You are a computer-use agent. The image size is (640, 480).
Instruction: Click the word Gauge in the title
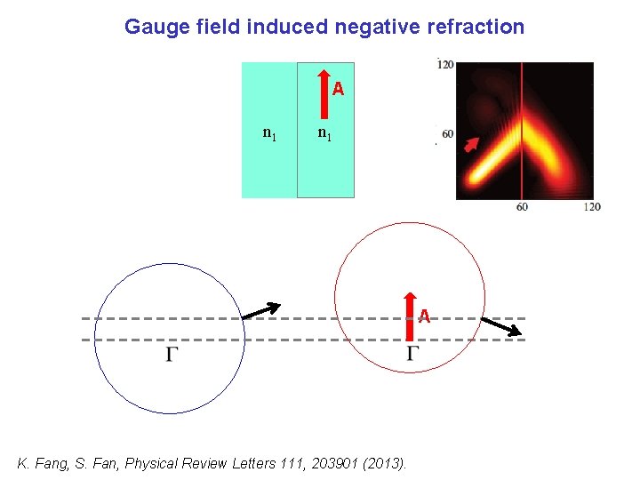click(151, 27)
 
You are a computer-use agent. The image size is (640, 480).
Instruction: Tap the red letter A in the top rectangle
click(338, 89)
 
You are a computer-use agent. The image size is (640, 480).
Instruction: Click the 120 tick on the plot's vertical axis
click(445, 64)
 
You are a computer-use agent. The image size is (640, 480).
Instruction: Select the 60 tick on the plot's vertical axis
click(447, 134)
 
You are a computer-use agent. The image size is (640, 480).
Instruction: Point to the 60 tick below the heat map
click(522, 206)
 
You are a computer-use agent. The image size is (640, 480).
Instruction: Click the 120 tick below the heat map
click(591, 206)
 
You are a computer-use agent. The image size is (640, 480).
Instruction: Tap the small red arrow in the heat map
click(471, 146)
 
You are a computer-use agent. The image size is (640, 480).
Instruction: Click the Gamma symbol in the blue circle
click(172, 355)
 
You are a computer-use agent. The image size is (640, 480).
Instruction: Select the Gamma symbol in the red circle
click(413, 355)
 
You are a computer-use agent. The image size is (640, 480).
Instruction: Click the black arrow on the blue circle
click(260, 310)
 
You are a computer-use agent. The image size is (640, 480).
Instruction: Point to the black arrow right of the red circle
click(500, 326)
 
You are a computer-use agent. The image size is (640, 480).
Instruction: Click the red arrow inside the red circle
click(409, 316)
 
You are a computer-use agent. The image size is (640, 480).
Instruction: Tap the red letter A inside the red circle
click(425, 316)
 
